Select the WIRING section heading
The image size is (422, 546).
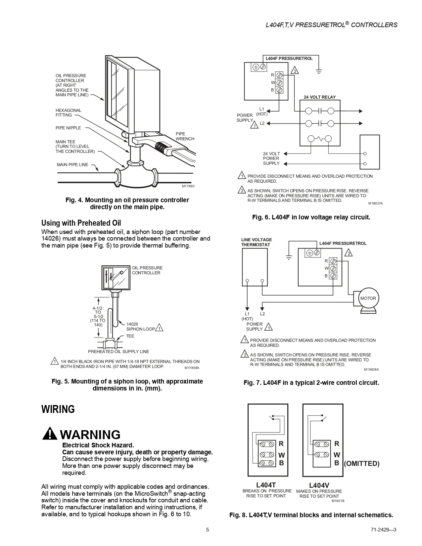point(58,409)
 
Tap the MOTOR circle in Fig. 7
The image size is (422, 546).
point(368,298)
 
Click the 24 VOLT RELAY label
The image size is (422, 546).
point(320,97)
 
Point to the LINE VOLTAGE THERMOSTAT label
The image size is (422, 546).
point(257,242)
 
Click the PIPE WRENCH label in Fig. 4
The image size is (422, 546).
point(185,136)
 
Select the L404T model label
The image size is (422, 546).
point(266,485)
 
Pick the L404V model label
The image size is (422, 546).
point(319,485)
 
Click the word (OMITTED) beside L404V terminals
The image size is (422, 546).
point(362,464)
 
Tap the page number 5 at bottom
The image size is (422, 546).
point(208,530)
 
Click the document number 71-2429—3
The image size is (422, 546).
point(384,530)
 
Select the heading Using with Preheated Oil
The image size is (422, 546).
point(81,223)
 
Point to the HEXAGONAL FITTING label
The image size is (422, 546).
point(69,113)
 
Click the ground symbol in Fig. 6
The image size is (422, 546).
point(319,71)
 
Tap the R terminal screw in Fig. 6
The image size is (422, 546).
point(279,75)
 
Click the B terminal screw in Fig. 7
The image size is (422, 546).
point(334,276)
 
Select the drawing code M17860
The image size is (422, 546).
point(188,186)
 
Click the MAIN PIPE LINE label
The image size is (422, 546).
point(72,164)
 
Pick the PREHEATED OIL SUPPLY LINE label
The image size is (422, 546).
point(118,351)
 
